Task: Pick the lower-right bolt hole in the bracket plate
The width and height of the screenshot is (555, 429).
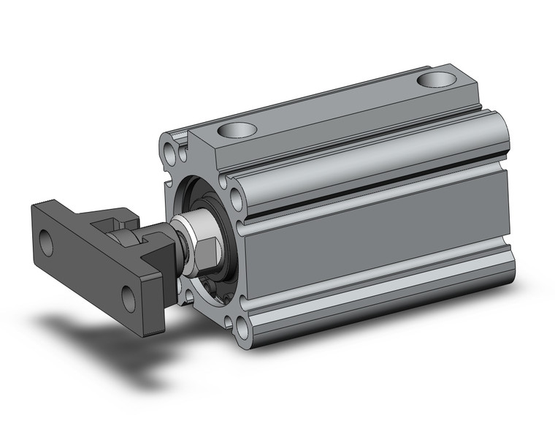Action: click(x=130, y=296)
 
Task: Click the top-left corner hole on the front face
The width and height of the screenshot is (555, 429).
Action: click(x=172, y=153)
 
